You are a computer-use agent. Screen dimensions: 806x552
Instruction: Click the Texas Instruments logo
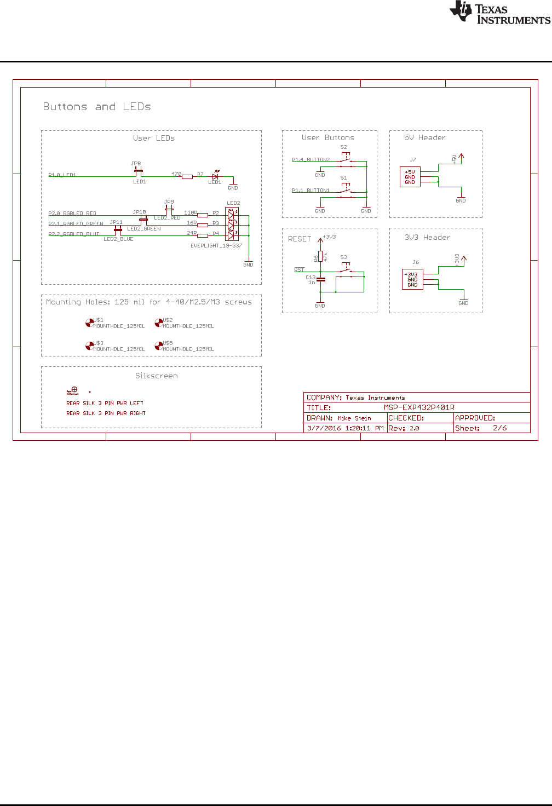499,13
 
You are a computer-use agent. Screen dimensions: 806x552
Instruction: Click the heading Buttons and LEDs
97,107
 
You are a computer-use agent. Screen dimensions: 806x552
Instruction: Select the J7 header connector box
410,177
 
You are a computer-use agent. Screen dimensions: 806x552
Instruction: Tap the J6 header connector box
412,279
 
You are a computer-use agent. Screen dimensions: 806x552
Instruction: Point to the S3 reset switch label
344,257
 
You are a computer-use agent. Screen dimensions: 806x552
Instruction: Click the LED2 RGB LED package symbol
231,224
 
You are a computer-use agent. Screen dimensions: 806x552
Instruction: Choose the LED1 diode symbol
215,176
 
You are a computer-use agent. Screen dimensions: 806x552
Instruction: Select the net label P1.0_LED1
62,175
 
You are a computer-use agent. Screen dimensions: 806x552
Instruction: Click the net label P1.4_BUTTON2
311,160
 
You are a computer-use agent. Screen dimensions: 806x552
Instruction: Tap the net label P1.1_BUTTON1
311,191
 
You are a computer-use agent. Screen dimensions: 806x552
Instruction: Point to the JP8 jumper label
136,164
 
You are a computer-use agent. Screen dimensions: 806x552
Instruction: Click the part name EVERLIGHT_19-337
216,246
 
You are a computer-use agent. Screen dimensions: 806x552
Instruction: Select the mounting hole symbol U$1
89,323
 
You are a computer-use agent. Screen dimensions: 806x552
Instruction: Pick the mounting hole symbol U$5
158,346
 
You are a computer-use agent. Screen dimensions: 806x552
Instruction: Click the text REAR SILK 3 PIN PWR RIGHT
106,413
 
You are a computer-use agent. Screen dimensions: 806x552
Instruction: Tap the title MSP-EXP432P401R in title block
419,407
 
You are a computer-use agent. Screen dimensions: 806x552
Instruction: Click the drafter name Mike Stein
354,418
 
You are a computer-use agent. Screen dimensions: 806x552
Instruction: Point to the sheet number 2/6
499,428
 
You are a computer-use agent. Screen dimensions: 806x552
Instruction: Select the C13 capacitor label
311,278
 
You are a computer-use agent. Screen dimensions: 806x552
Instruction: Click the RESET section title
299,239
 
